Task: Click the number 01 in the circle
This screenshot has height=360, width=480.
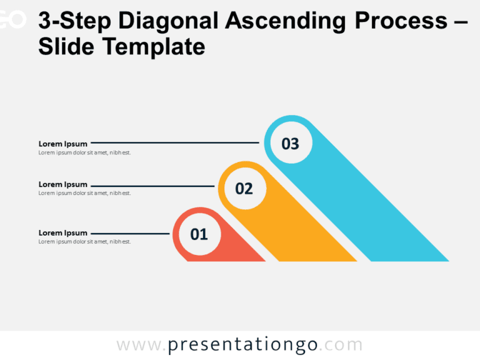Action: [x=199, y=234]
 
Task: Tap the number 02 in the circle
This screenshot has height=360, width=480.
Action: [x=244, y=189]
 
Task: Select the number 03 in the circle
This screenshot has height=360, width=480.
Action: [x=290, y=144]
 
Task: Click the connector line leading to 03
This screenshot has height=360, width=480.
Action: [x=175, y=143]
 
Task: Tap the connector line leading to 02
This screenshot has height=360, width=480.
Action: [x=153, y=186]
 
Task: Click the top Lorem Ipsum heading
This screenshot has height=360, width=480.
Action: [x=63, y=144]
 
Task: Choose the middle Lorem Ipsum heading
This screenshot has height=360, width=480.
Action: [x=63, y=184]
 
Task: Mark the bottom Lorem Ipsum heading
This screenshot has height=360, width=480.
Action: [x=63, y=233]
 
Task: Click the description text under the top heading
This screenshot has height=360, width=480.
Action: [x=84, y=152]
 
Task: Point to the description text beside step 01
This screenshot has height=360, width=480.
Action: [x=84, y=242]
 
